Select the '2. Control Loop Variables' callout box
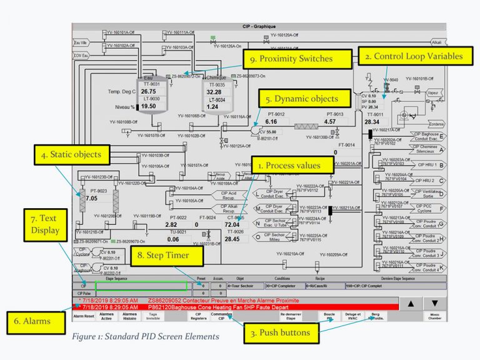coord(413,56)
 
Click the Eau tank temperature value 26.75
coord(148,91)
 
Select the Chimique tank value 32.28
coord(214,91)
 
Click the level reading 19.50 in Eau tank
coord(148,106)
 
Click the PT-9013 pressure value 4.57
coord(337,122)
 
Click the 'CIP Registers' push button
coord(198,317)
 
